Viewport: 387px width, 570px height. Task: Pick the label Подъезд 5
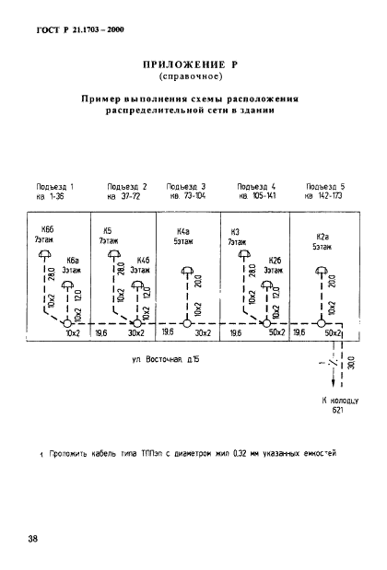click(x=325, y=186)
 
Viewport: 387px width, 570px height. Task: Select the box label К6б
click(x=47, y=228)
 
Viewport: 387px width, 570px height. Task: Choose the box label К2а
click(x=322, y=236)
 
